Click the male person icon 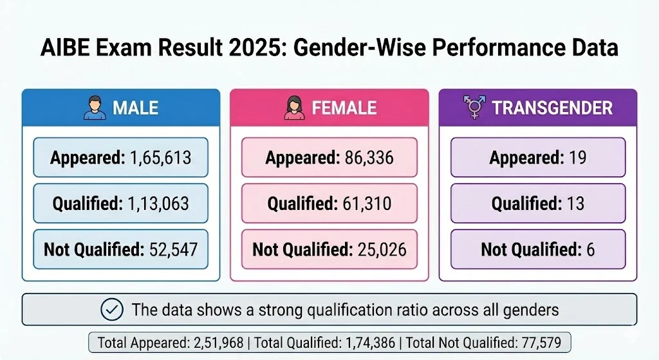tap(94, 108)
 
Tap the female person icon tap(293, 108)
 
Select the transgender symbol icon tap(475, 108)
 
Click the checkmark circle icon tap(113, 310)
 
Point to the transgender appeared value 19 tap(577, 157)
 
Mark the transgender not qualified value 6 tap(589, 249)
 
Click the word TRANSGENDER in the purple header tap(552, 108)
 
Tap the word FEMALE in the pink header tap(344, 108)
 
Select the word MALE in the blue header tap(136, 108)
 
